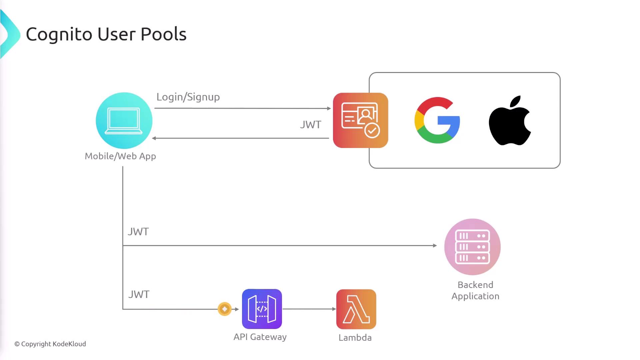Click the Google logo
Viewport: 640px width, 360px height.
(437, 120)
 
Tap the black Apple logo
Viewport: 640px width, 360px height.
(510, 121)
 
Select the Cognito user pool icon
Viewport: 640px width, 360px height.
(360, 120)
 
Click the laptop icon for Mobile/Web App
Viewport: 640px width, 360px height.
(124, 120)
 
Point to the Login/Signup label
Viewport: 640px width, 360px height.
(188, 97)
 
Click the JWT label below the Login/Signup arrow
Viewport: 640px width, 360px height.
(310, 125)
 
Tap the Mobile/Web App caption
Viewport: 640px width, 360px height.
(120, 156)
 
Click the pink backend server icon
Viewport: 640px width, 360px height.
(472, 247)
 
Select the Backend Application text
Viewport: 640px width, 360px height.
(475, 290)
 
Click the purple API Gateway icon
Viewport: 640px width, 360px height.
(262, 309)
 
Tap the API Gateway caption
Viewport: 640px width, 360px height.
(260, 337)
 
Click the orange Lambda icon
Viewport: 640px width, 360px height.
(356, 309)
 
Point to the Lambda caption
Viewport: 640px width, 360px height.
(355, 338)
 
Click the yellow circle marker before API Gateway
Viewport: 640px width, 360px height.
(225, 309)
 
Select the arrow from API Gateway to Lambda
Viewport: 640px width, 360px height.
(309, 309)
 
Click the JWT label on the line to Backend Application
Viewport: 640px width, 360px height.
(138, 232)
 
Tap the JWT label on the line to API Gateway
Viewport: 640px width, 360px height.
(139, 294)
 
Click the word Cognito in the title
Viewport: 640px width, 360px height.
(59, 34)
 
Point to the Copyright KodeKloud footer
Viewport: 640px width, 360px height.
(50, 344)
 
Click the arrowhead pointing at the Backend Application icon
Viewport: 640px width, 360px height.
(435, 246)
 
